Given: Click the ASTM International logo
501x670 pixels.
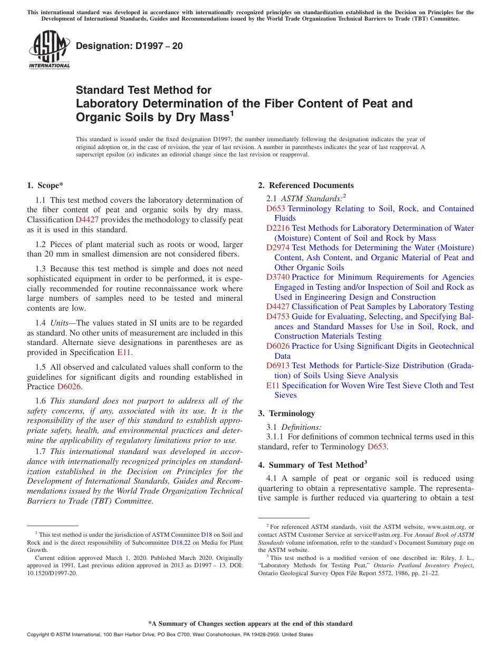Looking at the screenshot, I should [49, 50].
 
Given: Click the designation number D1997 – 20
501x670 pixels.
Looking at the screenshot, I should [129, 46].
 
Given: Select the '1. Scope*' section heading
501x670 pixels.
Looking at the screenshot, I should [45, 185].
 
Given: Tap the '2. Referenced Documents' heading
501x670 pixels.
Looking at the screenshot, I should [306, 185].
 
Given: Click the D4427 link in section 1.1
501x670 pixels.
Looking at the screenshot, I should [86, 220].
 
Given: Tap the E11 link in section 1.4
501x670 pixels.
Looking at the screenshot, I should [123, 352].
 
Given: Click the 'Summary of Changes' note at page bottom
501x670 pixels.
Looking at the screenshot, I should [250, 624].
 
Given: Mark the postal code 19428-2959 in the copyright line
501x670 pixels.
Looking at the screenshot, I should [266, 635].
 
